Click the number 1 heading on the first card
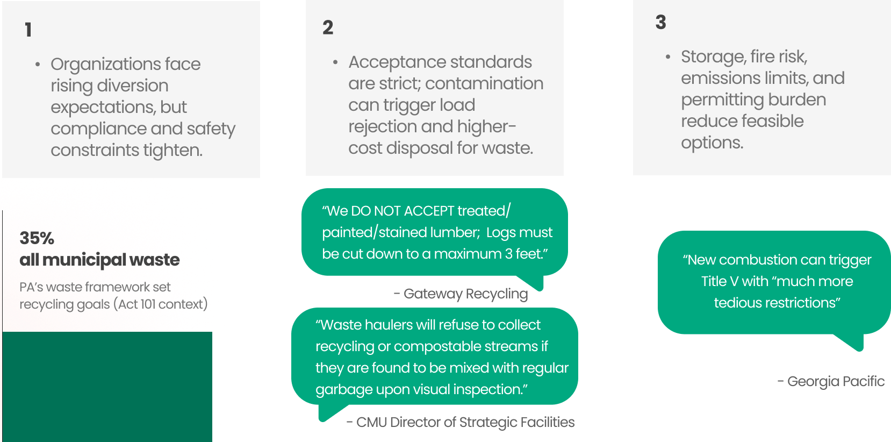point(28,30)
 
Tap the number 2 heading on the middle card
point(328,27)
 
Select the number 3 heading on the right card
point(660,22)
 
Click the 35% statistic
point(37,238)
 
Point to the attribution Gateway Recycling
point(461,294)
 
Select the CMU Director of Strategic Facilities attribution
point(461,422)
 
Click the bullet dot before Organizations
point(38,65)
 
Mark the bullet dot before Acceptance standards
point(335,62)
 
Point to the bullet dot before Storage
point(668,56)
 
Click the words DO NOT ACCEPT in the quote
point(403,211)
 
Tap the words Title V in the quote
point(719,281)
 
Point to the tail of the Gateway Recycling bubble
point(535,282)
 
